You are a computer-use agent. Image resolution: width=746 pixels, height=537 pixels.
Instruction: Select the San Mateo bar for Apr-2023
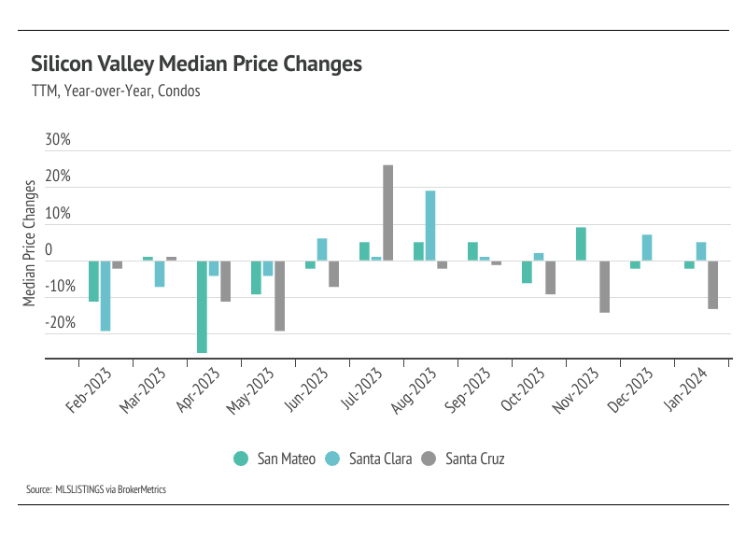(202, 306)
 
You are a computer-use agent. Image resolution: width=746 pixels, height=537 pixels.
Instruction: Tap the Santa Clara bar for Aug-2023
(430, 225)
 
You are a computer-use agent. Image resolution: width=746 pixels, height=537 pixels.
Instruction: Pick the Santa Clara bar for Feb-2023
(106, 296)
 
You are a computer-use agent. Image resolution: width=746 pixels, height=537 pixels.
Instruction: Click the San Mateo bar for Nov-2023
(581, 244)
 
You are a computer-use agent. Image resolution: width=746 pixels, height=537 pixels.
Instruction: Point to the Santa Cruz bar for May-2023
(279, 296)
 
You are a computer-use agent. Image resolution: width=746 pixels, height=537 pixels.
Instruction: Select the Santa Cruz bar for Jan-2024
(712, 285)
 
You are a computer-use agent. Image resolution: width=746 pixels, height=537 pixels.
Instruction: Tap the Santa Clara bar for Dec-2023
(647, 247)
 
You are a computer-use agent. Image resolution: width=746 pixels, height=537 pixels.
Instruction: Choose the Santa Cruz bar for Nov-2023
(604, 287)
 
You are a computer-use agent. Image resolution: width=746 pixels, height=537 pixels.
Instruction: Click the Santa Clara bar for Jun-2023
(322, 249)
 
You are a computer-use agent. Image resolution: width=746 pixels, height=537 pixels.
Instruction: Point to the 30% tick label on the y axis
(58, 140)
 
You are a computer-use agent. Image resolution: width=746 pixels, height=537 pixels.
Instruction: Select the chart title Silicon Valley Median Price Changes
(196, 64)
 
